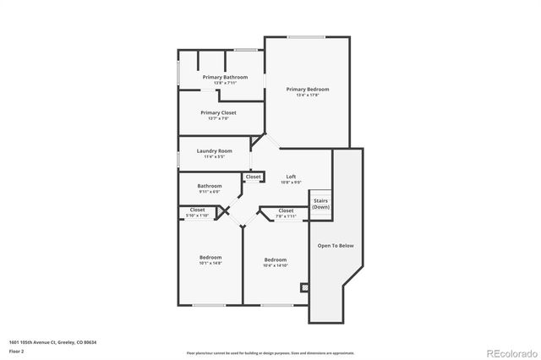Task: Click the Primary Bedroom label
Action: pyautogui.click(x=307, y=90)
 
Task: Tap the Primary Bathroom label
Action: pyautogui.click(x=225, y=77)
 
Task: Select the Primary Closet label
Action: pyautogui.click(x=218, y=112)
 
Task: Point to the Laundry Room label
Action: pyautogui.click(x=213, y=151)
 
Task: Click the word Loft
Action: pyautogui.click(x=290, y=176)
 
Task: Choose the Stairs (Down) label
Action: pyautogui.click(x=320, y=204)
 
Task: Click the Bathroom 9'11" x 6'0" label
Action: pyautogui.click(x=210, y=186)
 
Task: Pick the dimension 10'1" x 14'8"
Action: pyautogui.click(x=210, y=264)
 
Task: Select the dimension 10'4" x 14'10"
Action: pyautogui.click(x=276, y=265)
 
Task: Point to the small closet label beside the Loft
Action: pyautogui.click(x=253, y=177)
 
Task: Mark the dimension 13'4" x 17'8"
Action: pyautogui.click(x=307, y=95)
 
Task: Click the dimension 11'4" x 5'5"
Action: pyautogui.click(x=213, y=157)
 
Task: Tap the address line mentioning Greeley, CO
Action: pyautogui.click(x=52, y=341)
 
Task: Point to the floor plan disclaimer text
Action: pyautogui.click(x=271, y=352)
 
